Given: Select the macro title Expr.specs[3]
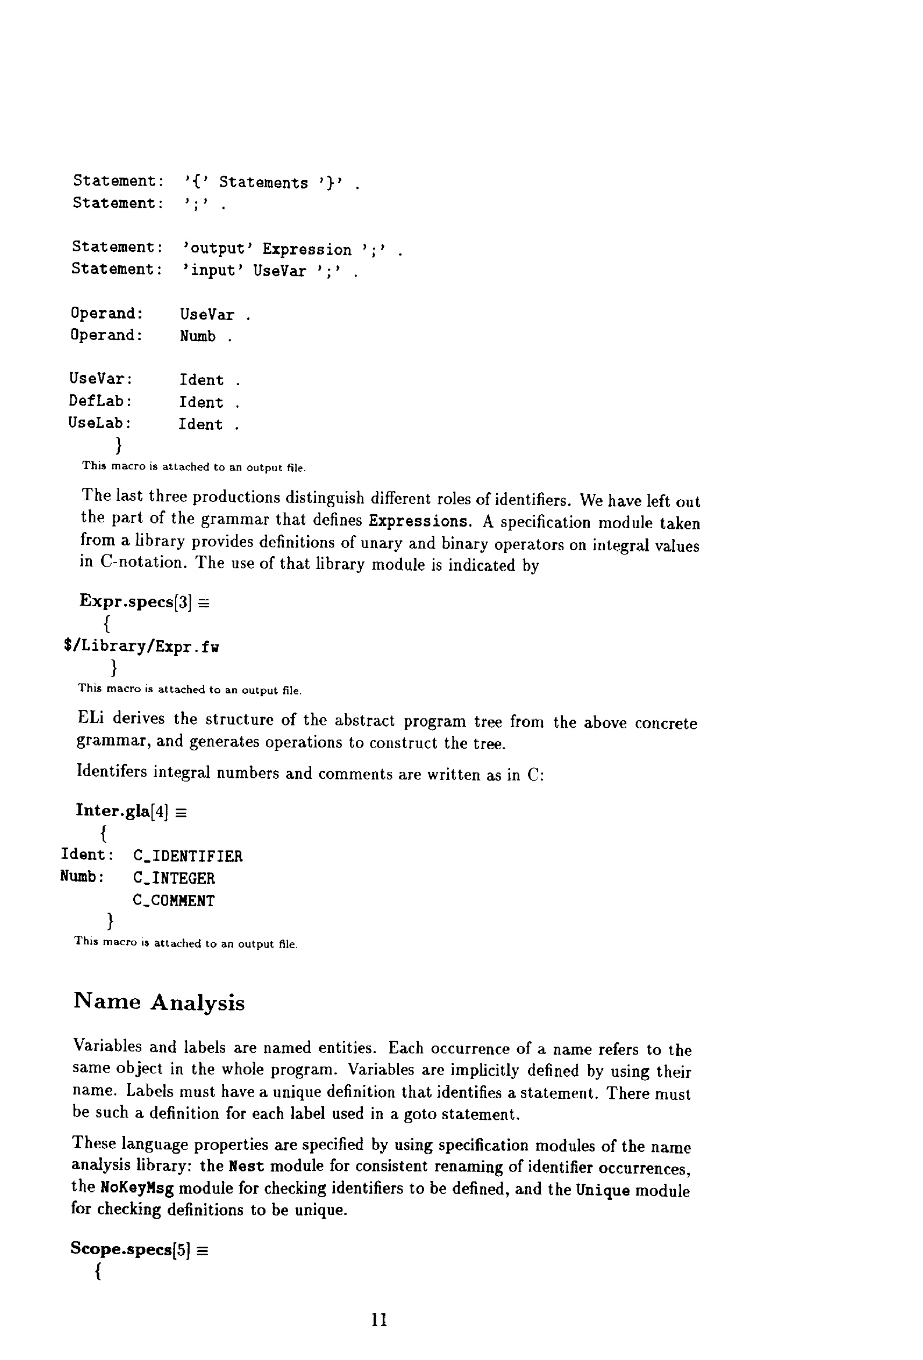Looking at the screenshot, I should click(x=136, y=601).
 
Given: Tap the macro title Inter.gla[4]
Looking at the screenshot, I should click(x=122, y=811).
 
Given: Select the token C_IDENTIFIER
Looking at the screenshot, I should click(x=187, y=856).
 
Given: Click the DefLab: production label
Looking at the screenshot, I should click(x=100, y=401).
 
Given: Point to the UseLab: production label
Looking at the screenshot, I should click(x=99, y=423).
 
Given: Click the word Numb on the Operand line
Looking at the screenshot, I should click(x=197, y=336).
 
